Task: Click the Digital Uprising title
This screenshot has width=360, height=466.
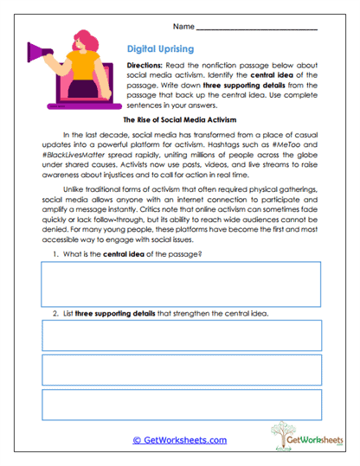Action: (x=161, y=49)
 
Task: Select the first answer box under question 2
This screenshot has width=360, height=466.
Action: (x=181, y=335)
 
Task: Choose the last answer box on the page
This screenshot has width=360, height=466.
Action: (x=181, y=405)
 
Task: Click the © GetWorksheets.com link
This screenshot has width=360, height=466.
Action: (x=179, y=440)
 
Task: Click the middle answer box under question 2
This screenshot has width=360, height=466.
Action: (x=181, y=370)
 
